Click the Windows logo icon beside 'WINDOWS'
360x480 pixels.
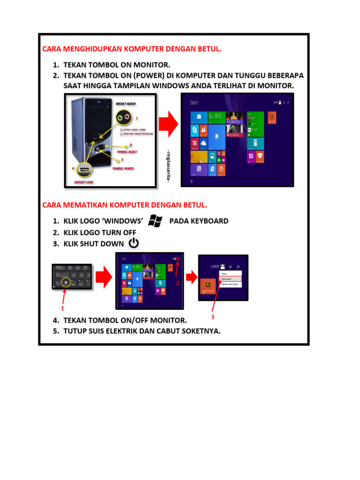point(155,221)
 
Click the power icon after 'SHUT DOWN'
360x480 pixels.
point(134,243)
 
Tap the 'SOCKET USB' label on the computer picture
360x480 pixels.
point(83,182)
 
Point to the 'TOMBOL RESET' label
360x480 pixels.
point(127,151)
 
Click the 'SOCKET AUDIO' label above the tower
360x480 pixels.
point(126,103)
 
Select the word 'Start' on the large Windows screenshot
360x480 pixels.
point(194,102)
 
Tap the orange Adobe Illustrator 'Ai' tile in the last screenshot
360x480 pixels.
point(208,285)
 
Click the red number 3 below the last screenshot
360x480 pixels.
point(212,317)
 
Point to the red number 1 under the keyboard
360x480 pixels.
point(61,309)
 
